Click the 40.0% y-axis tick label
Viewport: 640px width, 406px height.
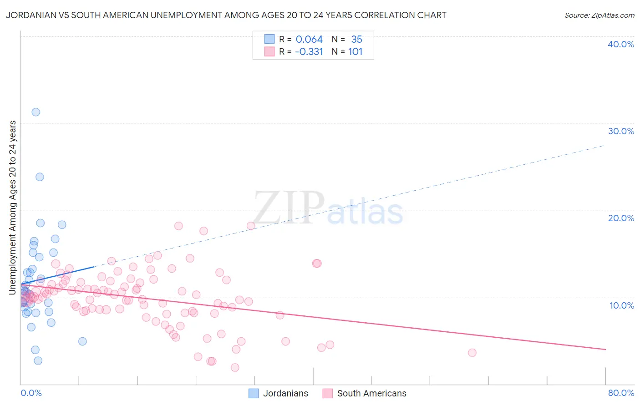[x=620, y=44]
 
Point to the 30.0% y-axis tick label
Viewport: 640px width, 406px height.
[x=621, y=131]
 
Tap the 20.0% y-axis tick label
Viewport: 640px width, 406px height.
[x=621, y=218]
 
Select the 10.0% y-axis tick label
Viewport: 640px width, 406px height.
[x=621, y=305]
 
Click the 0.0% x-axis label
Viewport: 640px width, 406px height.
[x=31, y=393]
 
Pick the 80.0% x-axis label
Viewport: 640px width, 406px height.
[x=621, y=393]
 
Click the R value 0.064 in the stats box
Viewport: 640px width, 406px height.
[x=309, y=40]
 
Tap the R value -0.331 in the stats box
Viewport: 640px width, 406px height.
[x=309, y=52]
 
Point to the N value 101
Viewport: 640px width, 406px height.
[x=355, y=52]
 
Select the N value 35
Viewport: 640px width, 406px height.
[x=356, y=40]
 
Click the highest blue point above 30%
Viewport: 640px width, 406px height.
[x=36, y=112]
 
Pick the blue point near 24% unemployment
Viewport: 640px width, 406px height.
[x=40, y=177]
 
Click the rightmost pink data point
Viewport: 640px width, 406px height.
[x=472, y=353]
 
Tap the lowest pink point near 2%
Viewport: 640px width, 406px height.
[x=235, y=367]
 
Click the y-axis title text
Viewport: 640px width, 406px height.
[x=13, y=207]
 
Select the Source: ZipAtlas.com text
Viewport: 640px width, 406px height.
[x=599, y=15]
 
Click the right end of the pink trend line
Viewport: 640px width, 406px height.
[x=605, y=349]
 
